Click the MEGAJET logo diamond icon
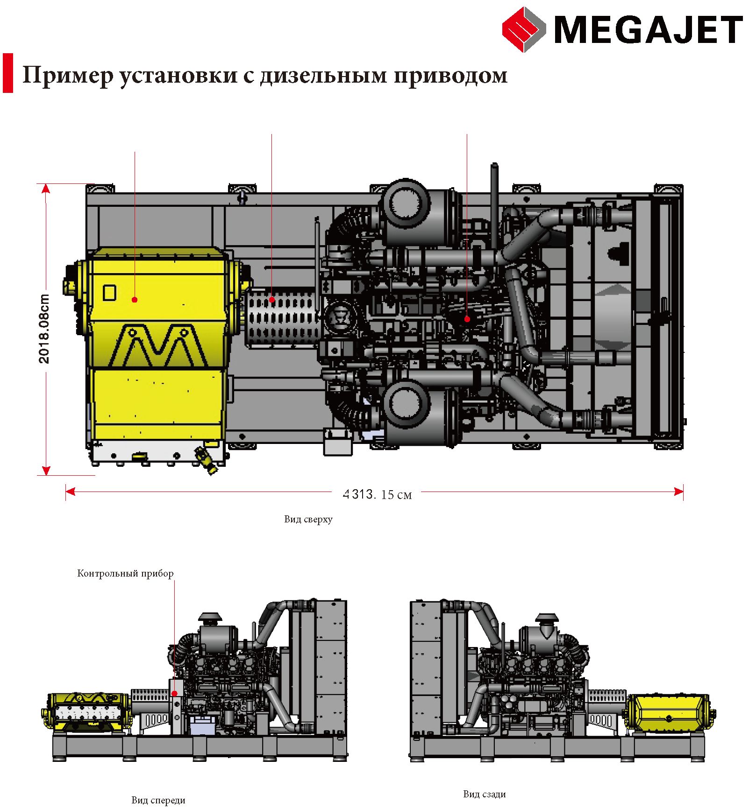tap(524, 29)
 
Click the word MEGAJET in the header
tap(648, 29)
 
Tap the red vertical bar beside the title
tap(8, 73)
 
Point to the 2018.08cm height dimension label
tap(43, 329)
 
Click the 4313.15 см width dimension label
tap(377, 494)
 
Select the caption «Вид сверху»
tap(308, 519)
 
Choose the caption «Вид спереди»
tap(158, 800)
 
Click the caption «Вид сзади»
tap(485, 794)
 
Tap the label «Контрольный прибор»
tap(125, 573)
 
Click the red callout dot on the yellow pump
tap(135, 300)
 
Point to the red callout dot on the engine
tap(467, 319)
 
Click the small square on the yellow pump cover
tap(109, 293)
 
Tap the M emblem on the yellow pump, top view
tap(158, 345)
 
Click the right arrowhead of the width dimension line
tap(679, 492)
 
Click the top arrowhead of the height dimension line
tap(46, 189)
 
